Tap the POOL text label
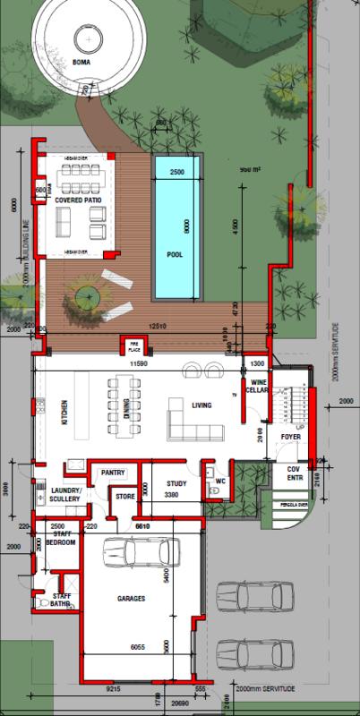tap(176, 254)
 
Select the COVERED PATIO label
tap(80, 201)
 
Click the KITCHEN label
tap(64, 413)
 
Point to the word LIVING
tap(202, 405)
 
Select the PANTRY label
tap(113, 472)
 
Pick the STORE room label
tap(124, 497)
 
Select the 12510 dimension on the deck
tap(159, 326)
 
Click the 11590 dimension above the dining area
tap(138, 364)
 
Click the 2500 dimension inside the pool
tap(176, 171)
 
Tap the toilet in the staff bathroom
tap(42, 604)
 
